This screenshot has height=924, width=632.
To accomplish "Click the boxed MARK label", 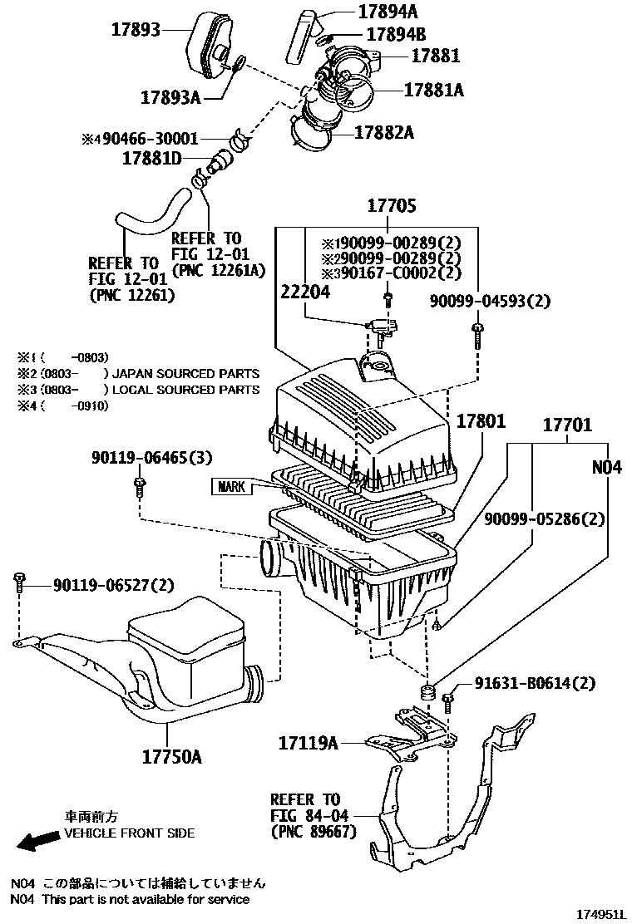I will (231, 486).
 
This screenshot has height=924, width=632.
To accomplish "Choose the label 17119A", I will (307, 743).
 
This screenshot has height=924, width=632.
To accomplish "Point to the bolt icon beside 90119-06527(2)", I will (19, 583).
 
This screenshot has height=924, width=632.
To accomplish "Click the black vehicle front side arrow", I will (37, 843).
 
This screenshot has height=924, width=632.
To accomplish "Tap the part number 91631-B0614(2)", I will (536, 684).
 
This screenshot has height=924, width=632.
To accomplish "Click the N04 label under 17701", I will (606, 468).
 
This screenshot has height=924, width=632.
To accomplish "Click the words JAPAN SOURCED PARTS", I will (185, 374).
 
